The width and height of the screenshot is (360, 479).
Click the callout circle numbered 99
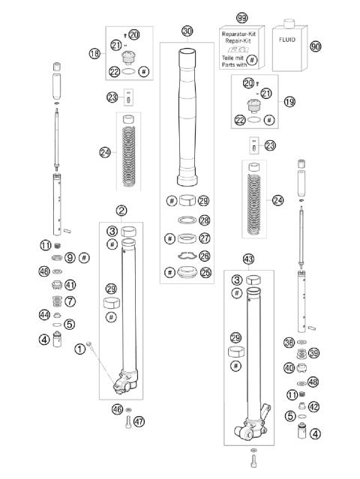(x=241, y=17)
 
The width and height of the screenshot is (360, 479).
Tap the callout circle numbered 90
(x=315, y=46)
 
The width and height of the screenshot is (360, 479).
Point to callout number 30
(x=187, y=31)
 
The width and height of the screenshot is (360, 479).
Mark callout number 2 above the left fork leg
(x=121, y=211)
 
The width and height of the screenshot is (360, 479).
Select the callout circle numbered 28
(x=204, y=220)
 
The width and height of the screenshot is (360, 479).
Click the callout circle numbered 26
(x=204, y=256)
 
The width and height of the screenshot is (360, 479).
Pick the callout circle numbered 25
(x=204, y=272)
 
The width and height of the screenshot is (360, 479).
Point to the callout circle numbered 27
(x=204, y=238)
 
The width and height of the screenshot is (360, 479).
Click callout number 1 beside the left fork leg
(x=79, y=349)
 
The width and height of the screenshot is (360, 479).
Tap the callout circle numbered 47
(x=139, y=421)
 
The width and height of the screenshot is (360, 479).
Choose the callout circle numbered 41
(x=70, y=285)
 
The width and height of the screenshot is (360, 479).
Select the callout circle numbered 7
(x=70, y=301)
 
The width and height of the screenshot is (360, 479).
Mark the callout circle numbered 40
(x=289, y=368)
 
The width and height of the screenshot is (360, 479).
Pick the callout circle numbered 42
(x=314, y=407)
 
